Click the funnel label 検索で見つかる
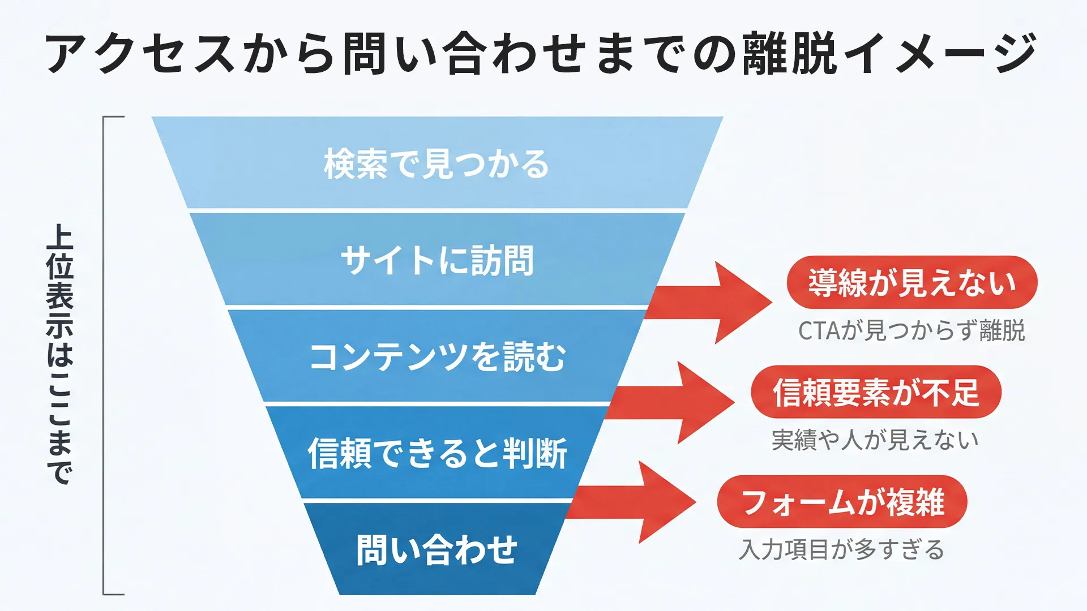(x=436, y=164)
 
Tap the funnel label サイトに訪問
(x=436, y=261)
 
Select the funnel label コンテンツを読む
(x=436, y=357)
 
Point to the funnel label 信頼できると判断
(x=436, y=454)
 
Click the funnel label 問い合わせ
(x=436, y=550)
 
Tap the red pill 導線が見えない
(x=911, y=282)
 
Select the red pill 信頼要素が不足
(x=876, y=392)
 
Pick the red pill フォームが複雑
(x=842, y=502)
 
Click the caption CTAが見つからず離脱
(x=911, y=331)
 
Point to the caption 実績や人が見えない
(x=875, y=440)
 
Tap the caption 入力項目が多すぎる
(x=842, y=550)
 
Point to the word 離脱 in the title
(x=790, y=53)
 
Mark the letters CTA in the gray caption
(x=819, y=332)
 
